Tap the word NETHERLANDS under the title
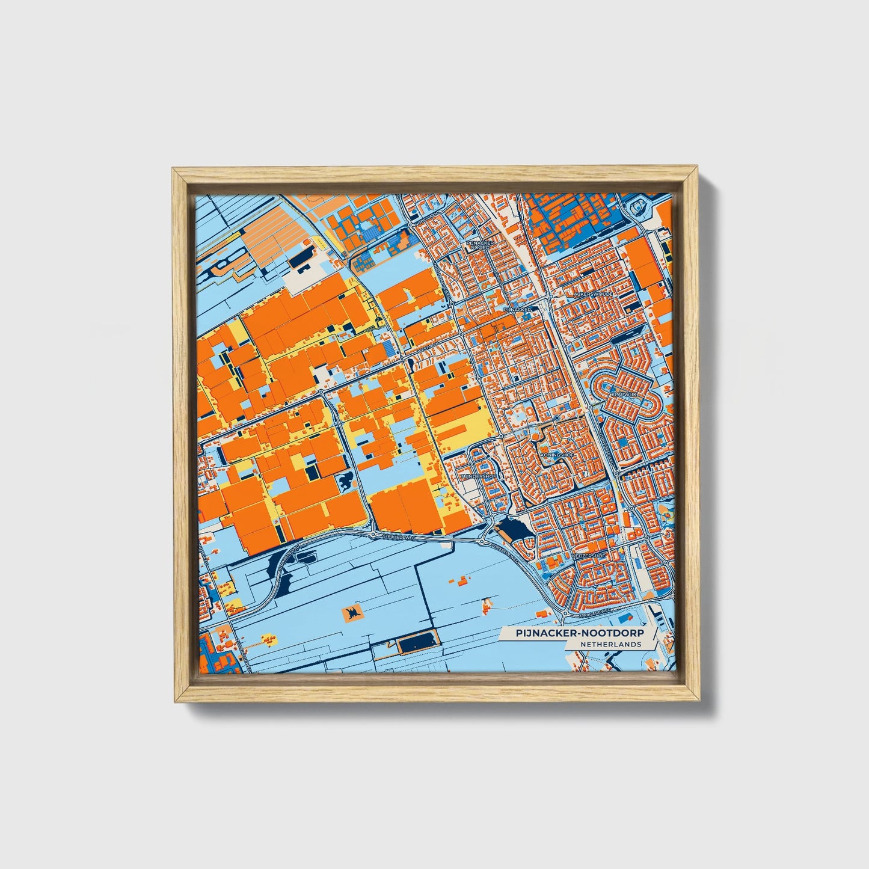click(611, 644)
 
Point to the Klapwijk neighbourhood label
click(623, 393)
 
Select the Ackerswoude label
click(594, 294)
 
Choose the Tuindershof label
click(479, 476)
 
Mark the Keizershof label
click(589, 556)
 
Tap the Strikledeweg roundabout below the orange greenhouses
click(373, 533)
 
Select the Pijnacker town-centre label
click(517, 309)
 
